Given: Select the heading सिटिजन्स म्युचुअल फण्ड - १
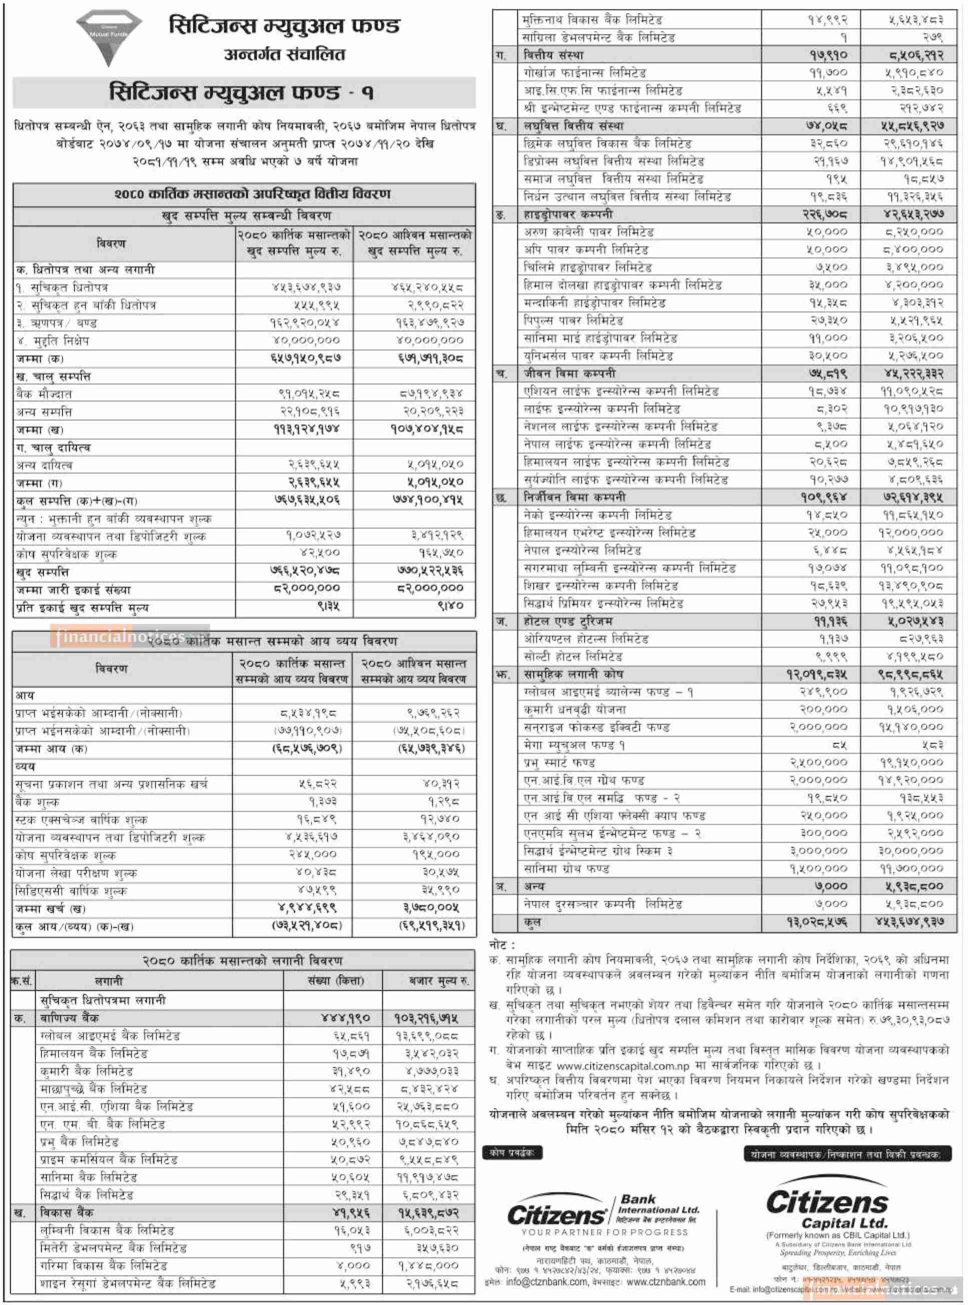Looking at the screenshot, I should point(242,93).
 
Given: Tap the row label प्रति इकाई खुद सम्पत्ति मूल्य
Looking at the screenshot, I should point(83,607).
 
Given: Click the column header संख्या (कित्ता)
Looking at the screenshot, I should point(335,981).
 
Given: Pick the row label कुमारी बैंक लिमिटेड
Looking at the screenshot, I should point(87,1071).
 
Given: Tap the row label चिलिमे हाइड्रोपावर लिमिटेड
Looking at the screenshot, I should point(588,268).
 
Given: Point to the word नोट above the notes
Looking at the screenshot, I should point(502,945).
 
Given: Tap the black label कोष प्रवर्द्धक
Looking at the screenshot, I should point(512,1153).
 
